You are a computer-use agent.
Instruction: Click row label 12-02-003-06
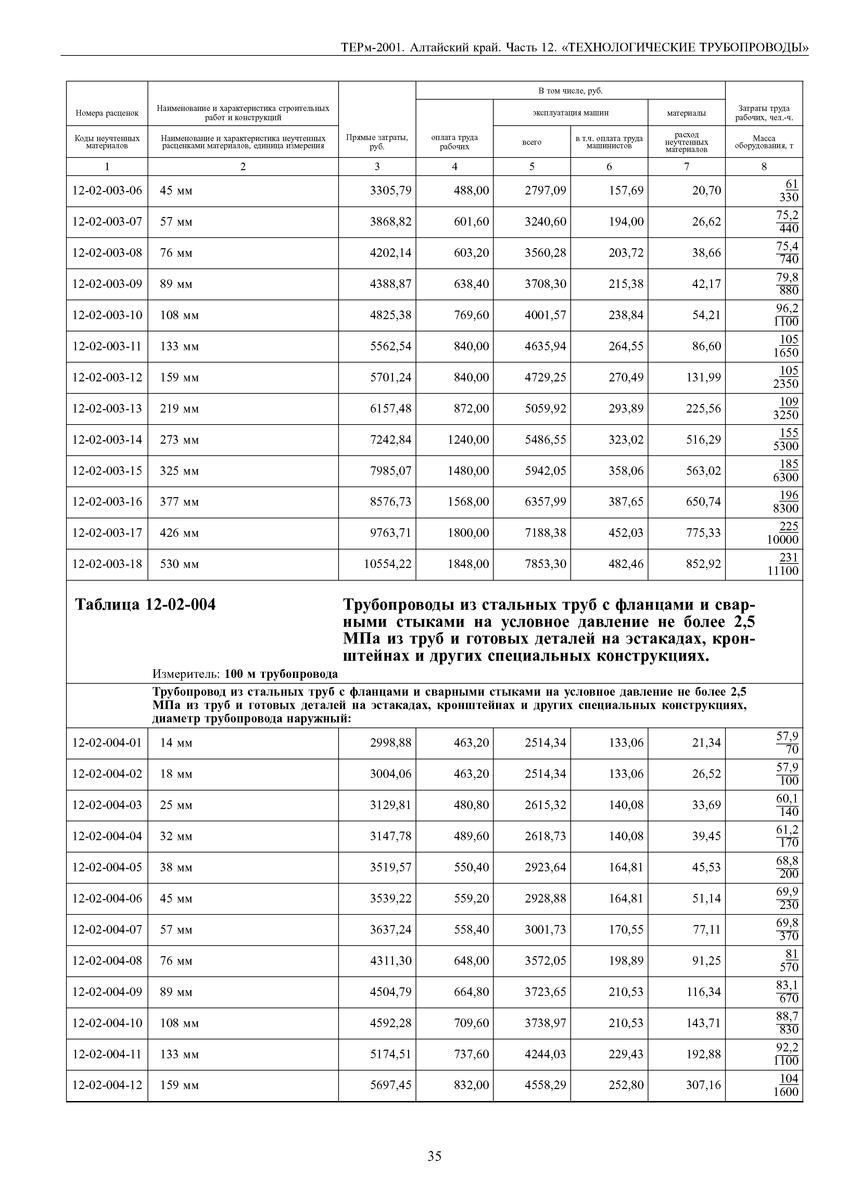107,190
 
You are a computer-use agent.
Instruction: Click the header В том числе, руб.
570,91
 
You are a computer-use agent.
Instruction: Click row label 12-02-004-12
107,1085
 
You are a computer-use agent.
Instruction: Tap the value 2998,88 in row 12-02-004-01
390,743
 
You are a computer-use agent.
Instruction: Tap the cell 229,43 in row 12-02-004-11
626,1054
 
